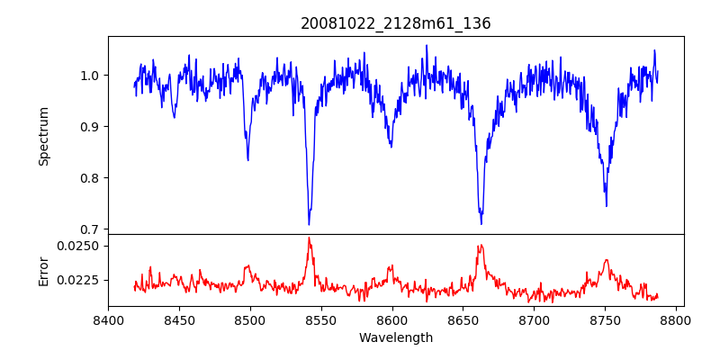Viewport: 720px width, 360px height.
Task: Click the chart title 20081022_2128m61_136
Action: [x=396, y=23]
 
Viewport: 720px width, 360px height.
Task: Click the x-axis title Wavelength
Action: [x=396, y=337]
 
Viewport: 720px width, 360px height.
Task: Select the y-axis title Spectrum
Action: [x=43, y=136]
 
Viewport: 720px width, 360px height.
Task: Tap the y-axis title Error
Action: [x=43, y=271]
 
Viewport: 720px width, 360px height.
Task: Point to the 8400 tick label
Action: [x=108, y=319]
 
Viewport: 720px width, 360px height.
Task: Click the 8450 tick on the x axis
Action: [x=179, y=319]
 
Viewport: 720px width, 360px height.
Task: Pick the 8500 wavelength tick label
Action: [x=250, y=319]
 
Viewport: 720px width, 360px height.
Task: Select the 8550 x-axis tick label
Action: [x=321, y=319]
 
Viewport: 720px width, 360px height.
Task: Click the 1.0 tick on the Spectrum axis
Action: [x=90, y=75]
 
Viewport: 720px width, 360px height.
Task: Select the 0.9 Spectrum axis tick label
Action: [x=90, y=126]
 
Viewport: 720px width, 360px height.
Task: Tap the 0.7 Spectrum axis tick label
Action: [x=90, y=229]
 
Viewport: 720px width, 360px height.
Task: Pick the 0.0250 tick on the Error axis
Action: [x=79, y=246]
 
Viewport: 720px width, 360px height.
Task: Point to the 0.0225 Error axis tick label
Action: [x=79, y=280]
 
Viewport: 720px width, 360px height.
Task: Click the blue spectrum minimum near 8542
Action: [x=309, y=224]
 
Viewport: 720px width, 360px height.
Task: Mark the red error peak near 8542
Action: [x=309, y=238]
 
